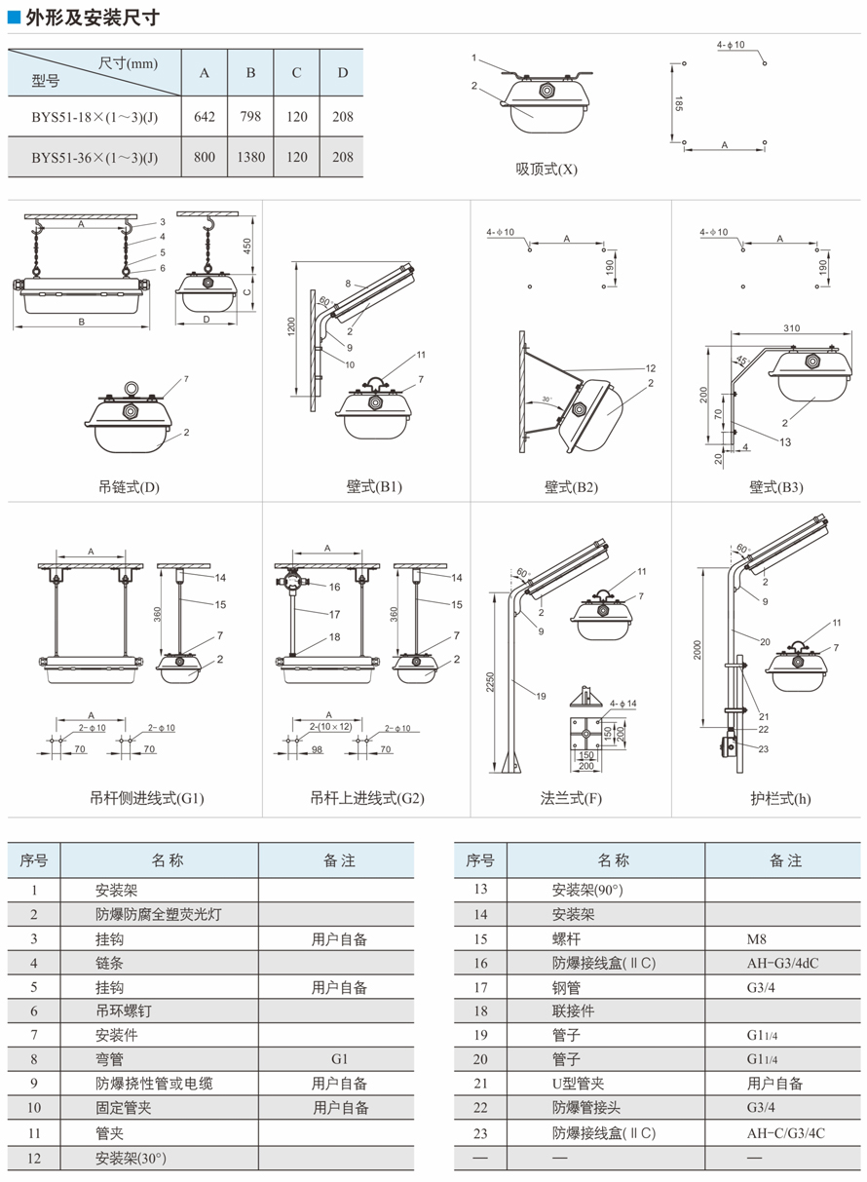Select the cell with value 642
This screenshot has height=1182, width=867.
tap(205, 117)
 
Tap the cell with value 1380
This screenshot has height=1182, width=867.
tap(250, 157)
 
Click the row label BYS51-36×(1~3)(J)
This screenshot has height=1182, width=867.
tap(94, 157)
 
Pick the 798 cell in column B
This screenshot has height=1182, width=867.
tap(250, 117)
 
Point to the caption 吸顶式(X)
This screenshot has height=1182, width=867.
tap(547, 168)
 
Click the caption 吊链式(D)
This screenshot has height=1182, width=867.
tap(129, 487)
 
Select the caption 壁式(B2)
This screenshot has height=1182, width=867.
tap(571, 487)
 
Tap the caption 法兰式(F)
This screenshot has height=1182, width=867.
tap(571, 798)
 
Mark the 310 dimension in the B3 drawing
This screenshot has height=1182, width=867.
tap(791, 328)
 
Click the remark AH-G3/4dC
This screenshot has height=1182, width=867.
tap(782, 963)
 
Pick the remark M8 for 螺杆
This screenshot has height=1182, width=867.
tap(757, 939)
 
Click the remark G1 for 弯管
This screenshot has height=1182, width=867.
tap(339, 1058)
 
